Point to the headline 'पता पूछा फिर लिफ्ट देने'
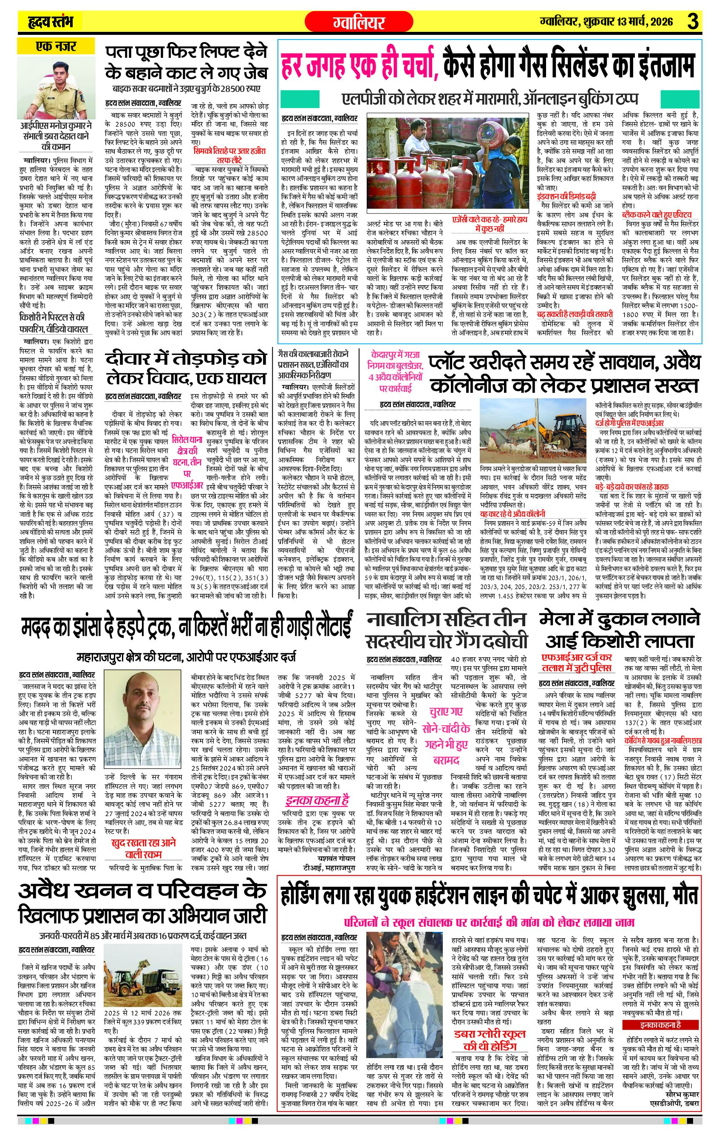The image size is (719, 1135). [186, 51]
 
